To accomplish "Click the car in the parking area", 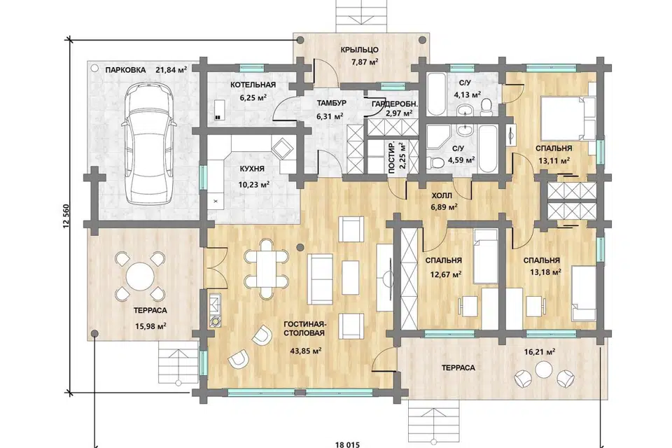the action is coord(148,144).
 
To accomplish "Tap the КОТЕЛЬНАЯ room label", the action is coord(253,85).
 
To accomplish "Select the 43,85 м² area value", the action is coord(306,351).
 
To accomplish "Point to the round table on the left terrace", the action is coord(140,276).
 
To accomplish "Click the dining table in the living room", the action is coord(266,269).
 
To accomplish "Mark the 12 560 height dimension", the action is coord(66,216).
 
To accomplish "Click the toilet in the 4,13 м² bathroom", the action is coord(486,107).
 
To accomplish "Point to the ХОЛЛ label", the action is coord(442,196).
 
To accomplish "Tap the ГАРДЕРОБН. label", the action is coord(395,104).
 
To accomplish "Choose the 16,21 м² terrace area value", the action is coord(540,352).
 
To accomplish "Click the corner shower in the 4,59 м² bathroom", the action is coord(437,137).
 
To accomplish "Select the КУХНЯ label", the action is coord(252,169).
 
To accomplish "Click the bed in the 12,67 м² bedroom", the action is coord(486,256).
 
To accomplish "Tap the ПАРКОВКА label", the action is coord(125,70).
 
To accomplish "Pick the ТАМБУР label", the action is coord(331,104).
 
